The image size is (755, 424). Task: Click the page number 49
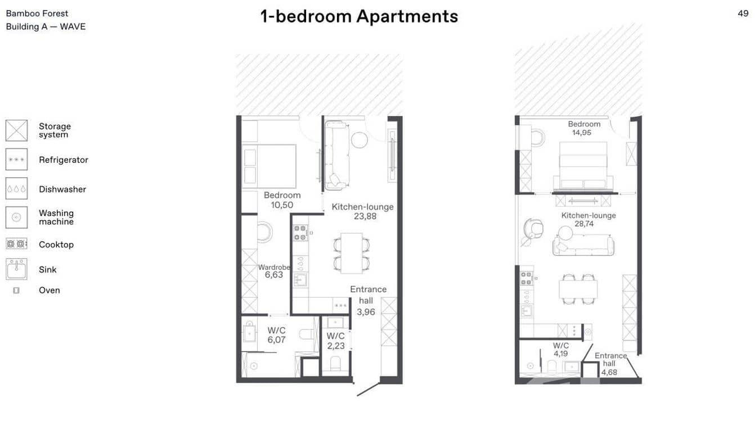click(743, 13)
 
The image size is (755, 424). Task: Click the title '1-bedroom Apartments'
click(359, 16)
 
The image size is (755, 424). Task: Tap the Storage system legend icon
click(16, 130)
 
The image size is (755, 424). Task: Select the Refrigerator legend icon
click(16, 160)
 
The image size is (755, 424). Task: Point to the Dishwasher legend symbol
click(16, 189)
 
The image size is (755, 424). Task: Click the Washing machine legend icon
click(16, 217)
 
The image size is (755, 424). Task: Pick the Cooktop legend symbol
click(16, 244)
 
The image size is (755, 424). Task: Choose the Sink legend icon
click(16, 269)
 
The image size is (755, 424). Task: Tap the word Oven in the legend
click(50, 290)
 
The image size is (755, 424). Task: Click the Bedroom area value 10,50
click(282, 205)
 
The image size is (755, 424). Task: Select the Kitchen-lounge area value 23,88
click(363, 216)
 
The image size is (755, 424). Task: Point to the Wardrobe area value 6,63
click(273, 275)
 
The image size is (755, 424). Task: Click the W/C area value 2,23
click(336, 346)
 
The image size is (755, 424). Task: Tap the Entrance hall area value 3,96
click(366, 312)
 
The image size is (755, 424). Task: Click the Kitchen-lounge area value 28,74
click(584, 224)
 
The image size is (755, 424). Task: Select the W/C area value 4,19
click(560, 354)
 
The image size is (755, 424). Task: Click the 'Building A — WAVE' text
click(46, 26)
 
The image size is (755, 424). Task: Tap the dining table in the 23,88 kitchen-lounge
click(352, 253)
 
